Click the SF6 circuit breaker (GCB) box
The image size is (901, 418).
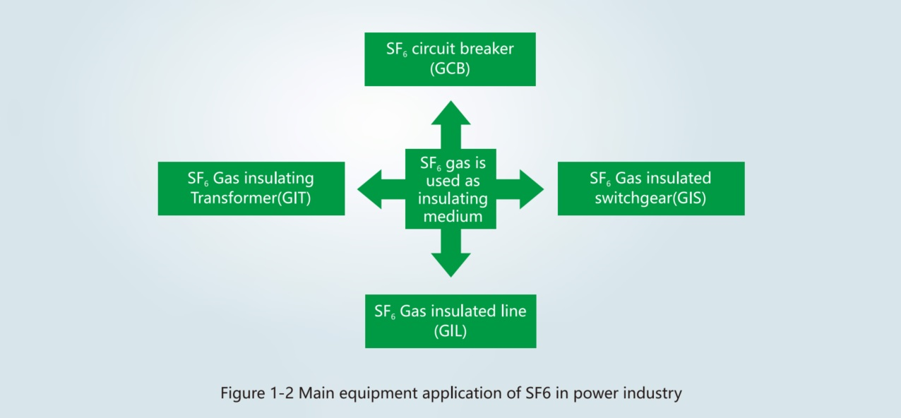[450, 59]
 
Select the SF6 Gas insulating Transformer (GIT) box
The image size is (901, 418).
[251, 189]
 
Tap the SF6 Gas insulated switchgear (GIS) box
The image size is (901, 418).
[650, 189]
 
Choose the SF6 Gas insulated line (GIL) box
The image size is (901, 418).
[450, 321]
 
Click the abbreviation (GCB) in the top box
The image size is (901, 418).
[450, 70]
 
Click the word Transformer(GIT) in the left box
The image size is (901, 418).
[251, 198]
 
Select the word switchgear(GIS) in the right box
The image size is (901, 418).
[650, 198]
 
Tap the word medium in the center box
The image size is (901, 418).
[453, 216]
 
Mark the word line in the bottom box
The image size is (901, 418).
[513, 311]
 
